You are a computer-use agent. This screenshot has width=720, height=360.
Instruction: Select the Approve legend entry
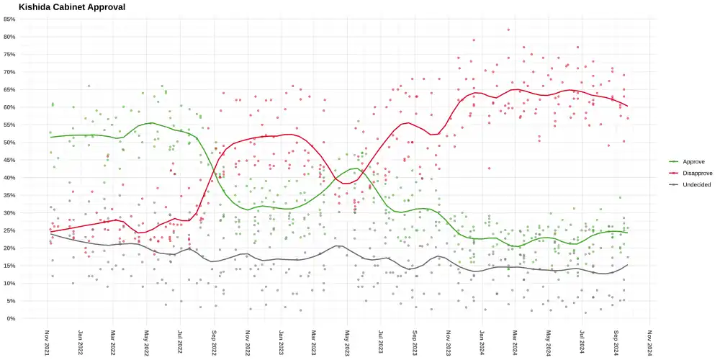(693, 162)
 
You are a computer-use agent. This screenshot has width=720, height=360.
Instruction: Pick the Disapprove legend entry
(697, 174)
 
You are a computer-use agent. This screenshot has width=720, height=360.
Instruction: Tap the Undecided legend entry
(696, 185)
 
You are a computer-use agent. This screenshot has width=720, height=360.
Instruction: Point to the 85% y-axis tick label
(9, 19)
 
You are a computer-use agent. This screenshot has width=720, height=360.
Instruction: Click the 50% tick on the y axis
(9, 143)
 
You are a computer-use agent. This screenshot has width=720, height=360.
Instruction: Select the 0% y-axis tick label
(11, 318)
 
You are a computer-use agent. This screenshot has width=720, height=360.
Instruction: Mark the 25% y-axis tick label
(9, 230)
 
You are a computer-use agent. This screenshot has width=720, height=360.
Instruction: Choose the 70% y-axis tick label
(9, 72)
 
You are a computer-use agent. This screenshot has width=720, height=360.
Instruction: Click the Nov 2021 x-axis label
(47, 342)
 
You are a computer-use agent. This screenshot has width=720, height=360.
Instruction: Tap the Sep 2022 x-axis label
(214, 342)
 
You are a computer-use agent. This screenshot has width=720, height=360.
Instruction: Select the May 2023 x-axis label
(348, 342)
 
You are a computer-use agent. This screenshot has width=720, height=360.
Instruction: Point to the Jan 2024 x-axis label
(482, 342)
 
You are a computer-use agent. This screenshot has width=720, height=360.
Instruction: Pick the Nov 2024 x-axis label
(649, 342)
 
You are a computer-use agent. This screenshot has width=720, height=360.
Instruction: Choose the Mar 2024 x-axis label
(516, 342)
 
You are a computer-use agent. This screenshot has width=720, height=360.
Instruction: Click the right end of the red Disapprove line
(628, 107)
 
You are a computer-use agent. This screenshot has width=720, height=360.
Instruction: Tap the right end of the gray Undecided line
(628, 265)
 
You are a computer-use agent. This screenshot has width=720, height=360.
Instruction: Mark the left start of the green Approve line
(50, 137)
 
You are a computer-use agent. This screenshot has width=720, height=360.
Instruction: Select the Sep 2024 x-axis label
(616, 342)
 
